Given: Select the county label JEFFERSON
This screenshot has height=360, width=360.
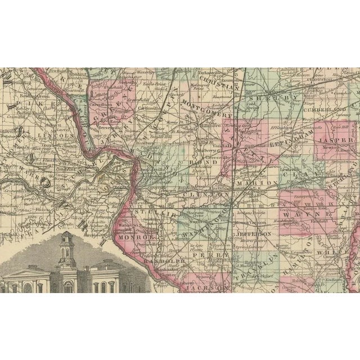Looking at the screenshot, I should click(x=254, y=233).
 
